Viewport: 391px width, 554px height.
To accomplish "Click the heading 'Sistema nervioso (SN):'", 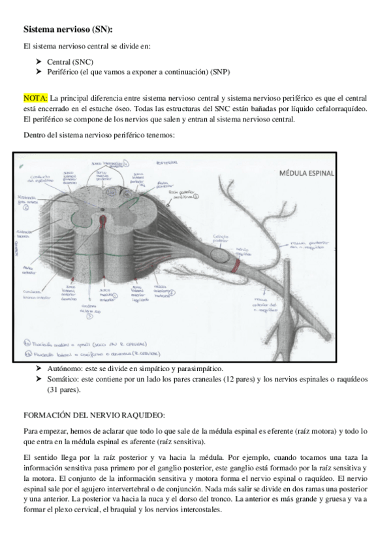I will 68,29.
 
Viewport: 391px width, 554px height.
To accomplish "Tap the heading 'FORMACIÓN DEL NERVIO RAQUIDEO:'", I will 94,416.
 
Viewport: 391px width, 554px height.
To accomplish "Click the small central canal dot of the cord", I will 102,210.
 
